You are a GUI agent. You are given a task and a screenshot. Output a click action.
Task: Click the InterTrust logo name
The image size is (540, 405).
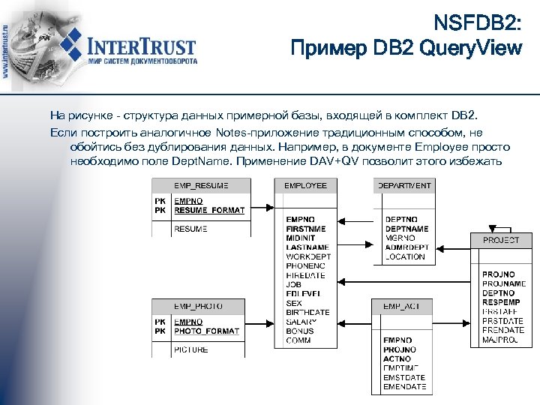tap(142, 46)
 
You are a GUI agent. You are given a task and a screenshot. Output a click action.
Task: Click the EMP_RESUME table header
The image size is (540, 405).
tap(201, 185)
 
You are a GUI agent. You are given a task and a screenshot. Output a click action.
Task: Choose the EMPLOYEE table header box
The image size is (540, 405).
tap(305, 185)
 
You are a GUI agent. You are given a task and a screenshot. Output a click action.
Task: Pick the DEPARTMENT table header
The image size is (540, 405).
tap(404, 185)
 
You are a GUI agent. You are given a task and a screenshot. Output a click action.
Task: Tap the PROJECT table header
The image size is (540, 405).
tap(501, 240)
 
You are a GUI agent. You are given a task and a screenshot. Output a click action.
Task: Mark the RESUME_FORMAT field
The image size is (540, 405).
tap(209, 211)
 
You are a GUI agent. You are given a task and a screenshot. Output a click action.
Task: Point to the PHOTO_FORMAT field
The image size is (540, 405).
tap(206, 331)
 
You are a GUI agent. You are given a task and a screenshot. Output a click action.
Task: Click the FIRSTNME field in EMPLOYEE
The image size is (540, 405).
tap(306, 229)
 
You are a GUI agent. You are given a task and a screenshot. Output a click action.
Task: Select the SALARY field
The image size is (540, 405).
tap(301, 322)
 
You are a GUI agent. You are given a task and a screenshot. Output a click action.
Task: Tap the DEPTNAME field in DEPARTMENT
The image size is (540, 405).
tap(406, 229)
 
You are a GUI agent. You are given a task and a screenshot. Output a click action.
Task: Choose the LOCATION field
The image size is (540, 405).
tap(405, 256)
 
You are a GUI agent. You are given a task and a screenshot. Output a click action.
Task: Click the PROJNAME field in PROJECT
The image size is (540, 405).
tap(504, 284)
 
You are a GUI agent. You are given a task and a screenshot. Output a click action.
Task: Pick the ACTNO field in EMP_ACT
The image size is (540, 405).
tap(397, 359)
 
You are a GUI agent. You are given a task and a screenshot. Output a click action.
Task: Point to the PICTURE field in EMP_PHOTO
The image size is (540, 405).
tap(191, 349)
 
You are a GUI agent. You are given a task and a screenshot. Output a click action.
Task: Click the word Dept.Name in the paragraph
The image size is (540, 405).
tap(197, 160)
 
